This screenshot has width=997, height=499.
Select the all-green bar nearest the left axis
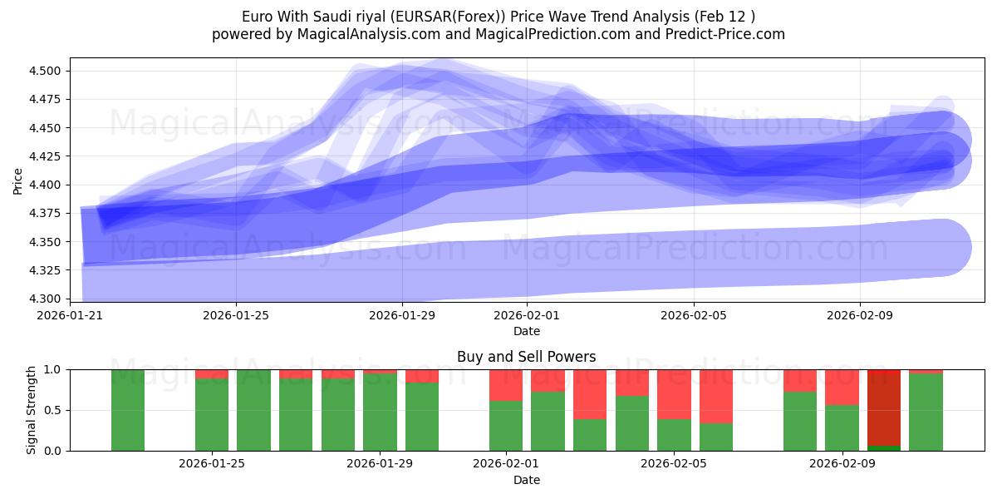click(x=128, y=410)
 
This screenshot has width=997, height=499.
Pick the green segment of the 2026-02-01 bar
click(x=506, y=426)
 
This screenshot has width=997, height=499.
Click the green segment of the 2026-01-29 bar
click(x=380, y=412)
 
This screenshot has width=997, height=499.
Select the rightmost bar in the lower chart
click(x=926, y=412)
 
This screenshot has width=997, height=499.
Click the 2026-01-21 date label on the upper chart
click(x=71, y=315)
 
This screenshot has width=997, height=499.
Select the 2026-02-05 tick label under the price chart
click(x=694, y=315)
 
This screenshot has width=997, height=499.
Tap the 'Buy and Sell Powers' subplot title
click(x=526, y=357)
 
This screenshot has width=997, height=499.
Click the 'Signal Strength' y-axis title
click(x=32, y=410)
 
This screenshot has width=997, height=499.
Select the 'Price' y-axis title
click(x=18, y=180)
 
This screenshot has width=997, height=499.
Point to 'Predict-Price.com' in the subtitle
click(x=725, y=34)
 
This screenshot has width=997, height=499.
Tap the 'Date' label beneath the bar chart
click(x=526, y=480)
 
